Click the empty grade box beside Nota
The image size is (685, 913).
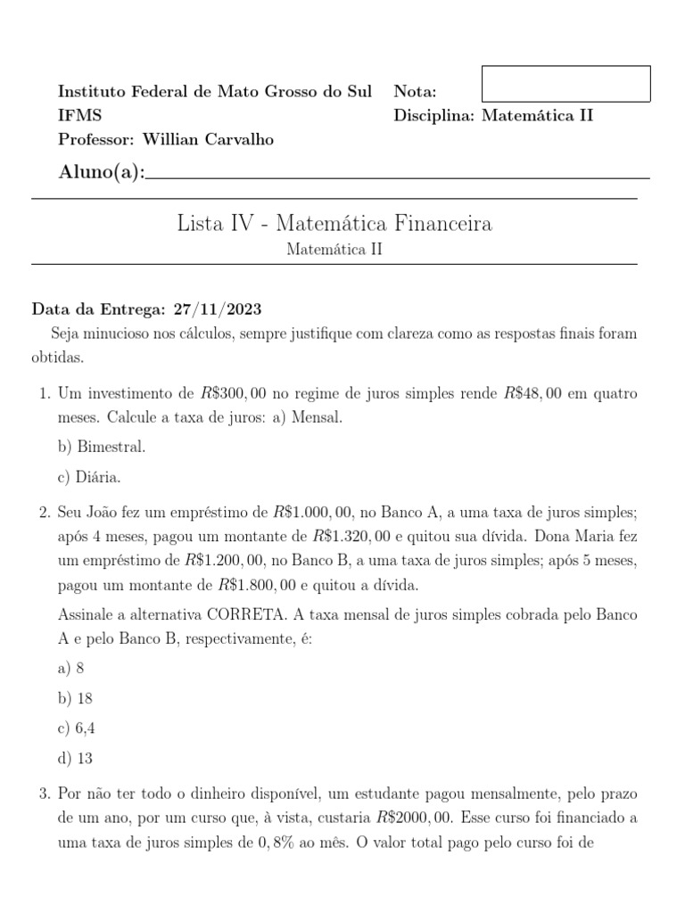coord(565,84)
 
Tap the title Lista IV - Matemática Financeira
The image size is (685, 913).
coord(334,223)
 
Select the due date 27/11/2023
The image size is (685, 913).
coord(218,308)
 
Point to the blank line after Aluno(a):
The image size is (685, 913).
coord(397,175)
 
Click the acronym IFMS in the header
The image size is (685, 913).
coord(79,115)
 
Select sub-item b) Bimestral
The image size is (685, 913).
coord(101,446)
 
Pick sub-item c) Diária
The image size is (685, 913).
coord(88,478)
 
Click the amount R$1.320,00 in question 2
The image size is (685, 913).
coord(358,537)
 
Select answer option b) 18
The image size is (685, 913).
coord(75,698)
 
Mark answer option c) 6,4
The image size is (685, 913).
coord(76,728)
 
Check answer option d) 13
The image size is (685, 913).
coord(75,759)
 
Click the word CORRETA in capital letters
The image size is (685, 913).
coord(250,615)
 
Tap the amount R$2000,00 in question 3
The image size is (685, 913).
coord(416,816)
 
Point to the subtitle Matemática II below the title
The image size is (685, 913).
coord(334,250)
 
